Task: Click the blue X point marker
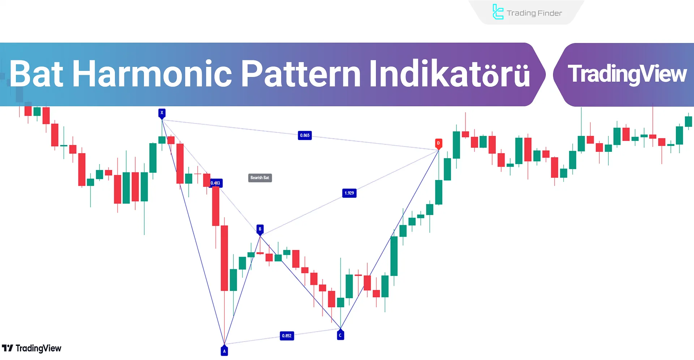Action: coord(162,113)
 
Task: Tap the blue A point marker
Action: coord(224,351)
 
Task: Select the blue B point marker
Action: coord(260,229)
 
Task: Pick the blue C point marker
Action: coord(340,335)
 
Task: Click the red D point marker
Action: coord(438,143)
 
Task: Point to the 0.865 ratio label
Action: coord(305,135)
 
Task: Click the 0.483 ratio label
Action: coord(215,183)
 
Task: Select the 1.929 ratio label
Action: coord(349,193)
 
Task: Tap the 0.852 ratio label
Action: coord(287,336)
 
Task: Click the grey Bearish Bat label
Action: coord(260,178)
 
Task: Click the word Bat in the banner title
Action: coord(37,74)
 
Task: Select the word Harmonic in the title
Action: coord(152,74)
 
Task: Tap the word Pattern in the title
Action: coord(301,74)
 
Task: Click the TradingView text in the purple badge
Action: coord(627,74)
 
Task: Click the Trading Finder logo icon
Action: coord(498,12)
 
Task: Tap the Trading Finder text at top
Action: coord(534,13)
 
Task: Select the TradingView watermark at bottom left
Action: coord(32,348)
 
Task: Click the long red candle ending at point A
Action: coord(224,258)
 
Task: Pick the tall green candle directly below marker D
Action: coord(439,192)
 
